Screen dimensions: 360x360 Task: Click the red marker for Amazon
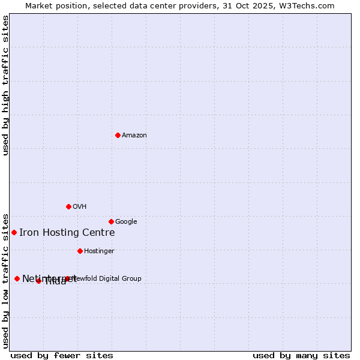[118, 135]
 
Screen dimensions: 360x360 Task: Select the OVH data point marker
[68, 206]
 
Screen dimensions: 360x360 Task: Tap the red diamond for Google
[111, 221]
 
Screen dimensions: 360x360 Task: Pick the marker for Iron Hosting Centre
[14, 232]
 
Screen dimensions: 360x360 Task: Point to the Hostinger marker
[80, 251]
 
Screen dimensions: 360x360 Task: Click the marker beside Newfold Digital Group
[67, 278]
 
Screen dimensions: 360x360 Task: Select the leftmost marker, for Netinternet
[17, 278]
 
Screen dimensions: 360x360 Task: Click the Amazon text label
[134, 136]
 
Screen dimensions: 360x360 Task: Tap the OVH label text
[80, 207]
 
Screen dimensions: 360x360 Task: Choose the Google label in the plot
[126, 222]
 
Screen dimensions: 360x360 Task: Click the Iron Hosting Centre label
[67, 233]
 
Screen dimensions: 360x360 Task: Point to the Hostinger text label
[99, 251]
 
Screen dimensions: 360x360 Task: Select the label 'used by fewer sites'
[62, 355]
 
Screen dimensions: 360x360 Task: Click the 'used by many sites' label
[301, 355]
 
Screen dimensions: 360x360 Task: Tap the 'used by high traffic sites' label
[5, 85]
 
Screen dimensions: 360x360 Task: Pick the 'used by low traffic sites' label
[5, 280]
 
